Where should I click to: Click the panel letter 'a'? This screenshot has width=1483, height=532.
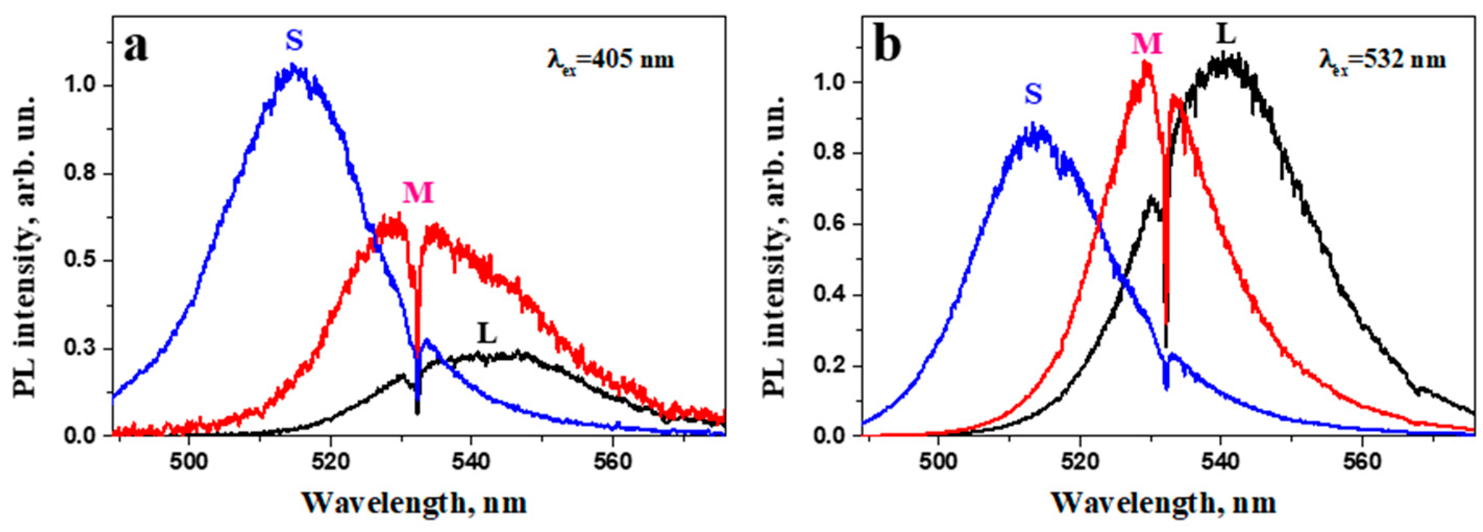pos(136,48)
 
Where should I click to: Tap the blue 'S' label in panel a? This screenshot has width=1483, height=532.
pos(294,41)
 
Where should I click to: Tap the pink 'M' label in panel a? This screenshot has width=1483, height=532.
pos(418,193)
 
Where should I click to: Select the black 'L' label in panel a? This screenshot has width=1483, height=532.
pos(487,334)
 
